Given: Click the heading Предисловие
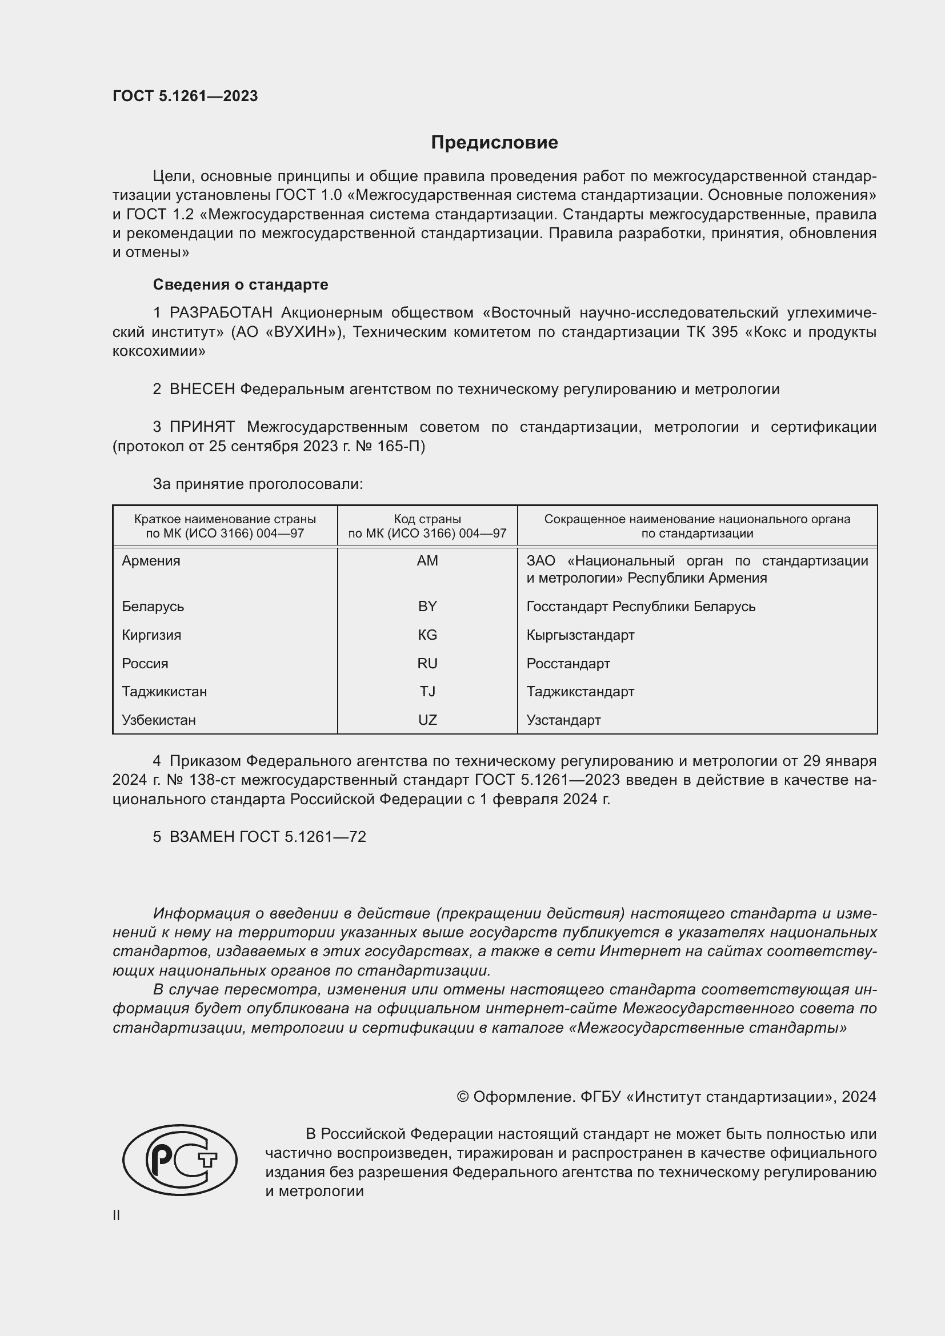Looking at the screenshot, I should click(494, 143).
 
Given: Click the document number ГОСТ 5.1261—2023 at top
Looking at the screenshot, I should click(185, 96).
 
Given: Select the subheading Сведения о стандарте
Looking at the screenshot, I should click(241, 284).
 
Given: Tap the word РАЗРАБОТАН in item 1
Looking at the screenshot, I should click(221, 313).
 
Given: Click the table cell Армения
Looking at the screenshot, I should click(151, 561).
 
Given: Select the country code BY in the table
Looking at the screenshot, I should click(427, 607).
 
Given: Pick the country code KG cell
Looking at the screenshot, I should click(427, 635).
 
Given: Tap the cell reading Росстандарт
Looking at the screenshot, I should click(568, 663).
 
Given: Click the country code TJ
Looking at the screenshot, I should click(427, 692).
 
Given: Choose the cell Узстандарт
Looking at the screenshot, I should click(563, 720).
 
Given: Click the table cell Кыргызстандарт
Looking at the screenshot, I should click(580, 635).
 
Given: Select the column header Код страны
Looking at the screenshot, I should click(427, 519).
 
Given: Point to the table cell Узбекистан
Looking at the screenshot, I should click(159, 720).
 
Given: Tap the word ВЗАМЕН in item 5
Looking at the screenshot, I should click(202, 837).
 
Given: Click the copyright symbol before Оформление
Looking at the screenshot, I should click(463, 1097).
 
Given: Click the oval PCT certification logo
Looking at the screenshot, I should click(180, 1160).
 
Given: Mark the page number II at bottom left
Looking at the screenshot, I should click(117, 1215).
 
